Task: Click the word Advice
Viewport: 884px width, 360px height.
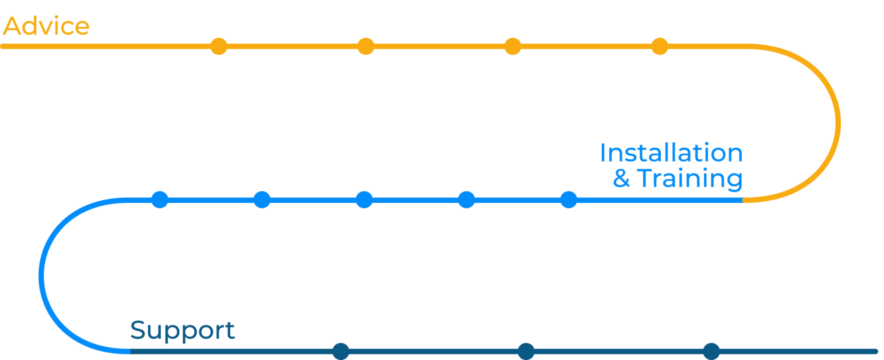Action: pyautogui.click(x=46, y=26)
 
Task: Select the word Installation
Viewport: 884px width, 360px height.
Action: pyautogui.click(x=671, y=152)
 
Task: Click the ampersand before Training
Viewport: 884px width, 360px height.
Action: pyautogui.click(x=621, y=178)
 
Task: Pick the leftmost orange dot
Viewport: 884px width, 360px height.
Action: pyautogui.click(x=219, y=46)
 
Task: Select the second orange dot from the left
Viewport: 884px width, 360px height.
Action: pyautogui.click(x=366, y=46)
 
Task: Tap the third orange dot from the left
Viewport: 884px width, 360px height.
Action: pyautogui.click(x=512, y=46)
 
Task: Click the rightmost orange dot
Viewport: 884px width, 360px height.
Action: pyautogui.click(x=660, y=46)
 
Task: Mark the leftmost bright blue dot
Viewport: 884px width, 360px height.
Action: pyautogui.click(x=160, y=200)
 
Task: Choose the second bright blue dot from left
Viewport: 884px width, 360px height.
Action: pyautogui.click(x=262, y=200)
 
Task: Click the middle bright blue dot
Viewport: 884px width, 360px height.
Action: pyautogui.click(x=364, y=200)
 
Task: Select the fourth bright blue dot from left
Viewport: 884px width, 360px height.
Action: pyautogui.click(x=466, y=200)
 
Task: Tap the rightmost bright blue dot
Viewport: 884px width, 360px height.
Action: pyautogui.click(x=569, y=200)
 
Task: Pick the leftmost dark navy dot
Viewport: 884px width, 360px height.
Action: pyautogui.click(x=341, y=351)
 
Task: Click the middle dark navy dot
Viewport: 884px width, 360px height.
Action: pyautogui.click(x=526, y=351)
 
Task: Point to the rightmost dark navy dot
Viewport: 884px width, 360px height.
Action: pyautogui.click(x=711, y=351)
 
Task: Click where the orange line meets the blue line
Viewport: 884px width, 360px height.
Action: pyautogui.click(x=743, y=200)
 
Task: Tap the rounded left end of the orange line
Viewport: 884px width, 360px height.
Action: pyautogui.click(x=2, y=46)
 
